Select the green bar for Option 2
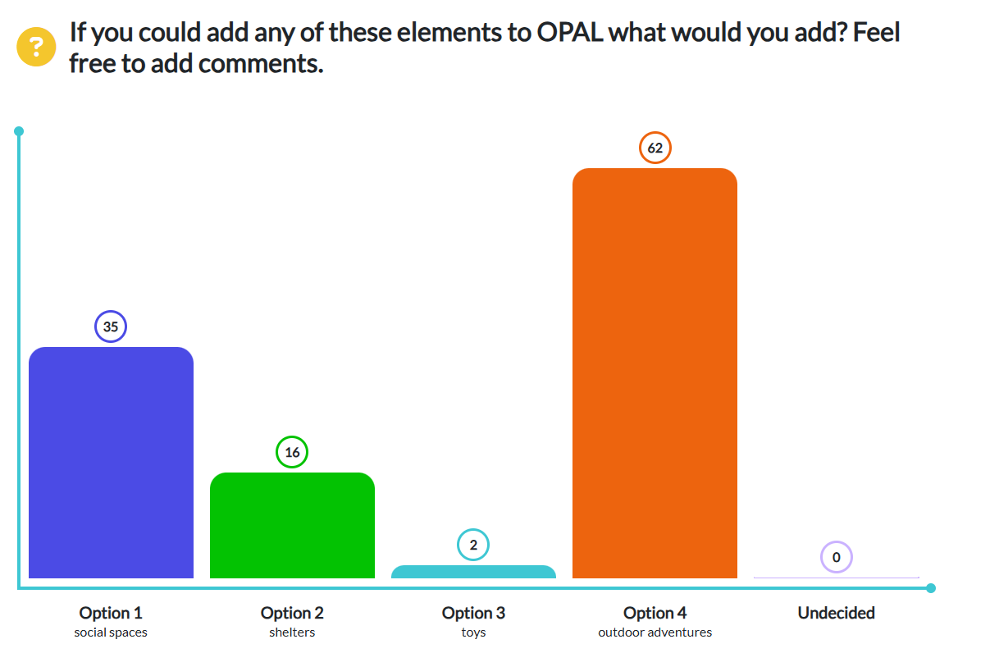coord(292,525)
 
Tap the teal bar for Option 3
coord(473,572)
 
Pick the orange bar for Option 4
coord(655,373)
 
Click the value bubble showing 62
coord(655,148)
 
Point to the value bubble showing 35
coord(111,327)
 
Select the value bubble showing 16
coord(292,452)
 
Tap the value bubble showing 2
coord(473,545)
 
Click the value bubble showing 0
coord(836,558)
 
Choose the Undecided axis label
coord(836,613)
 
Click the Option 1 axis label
coord(111,613)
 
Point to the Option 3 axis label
coord(473,613)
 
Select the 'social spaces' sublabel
coord(111,632)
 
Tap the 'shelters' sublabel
coord(292,632)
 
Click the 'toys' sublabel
coord(473,632)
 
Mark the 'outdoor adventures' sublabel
coord(655,632)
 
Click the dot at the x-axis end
coord(930,587)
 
